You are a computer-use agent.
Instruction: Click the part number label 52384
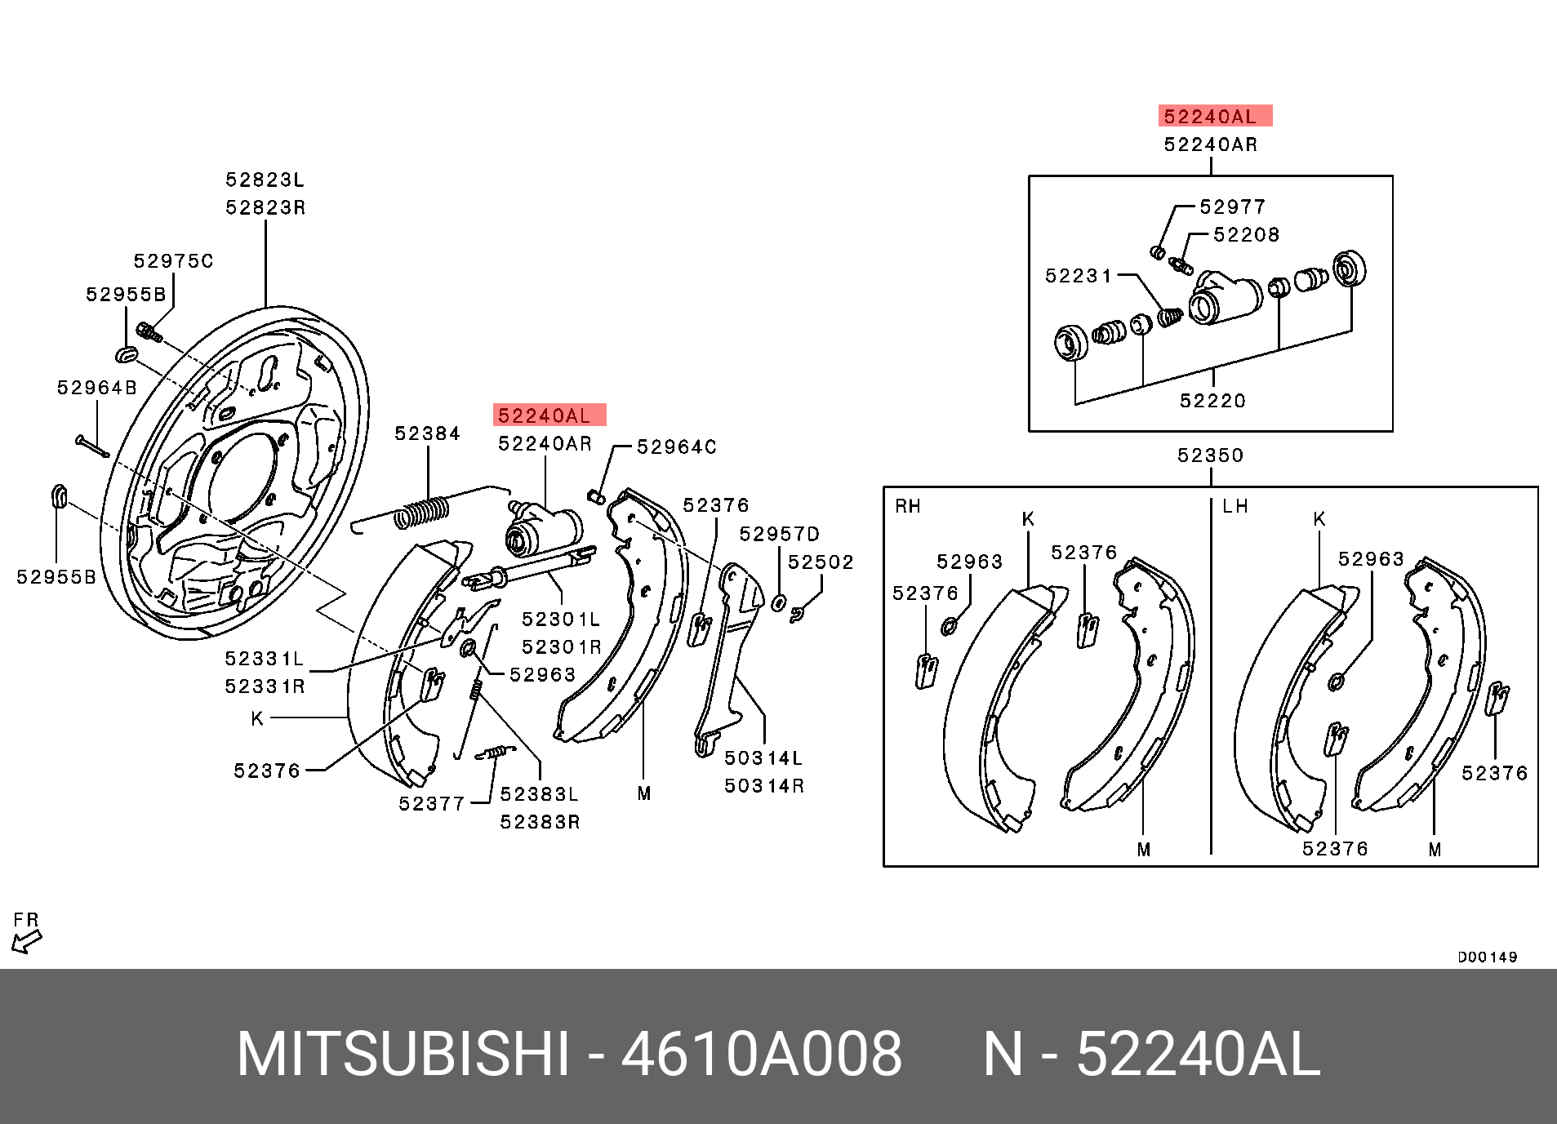point(427,433)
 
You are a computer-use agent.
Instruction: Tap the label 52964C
point(676,447)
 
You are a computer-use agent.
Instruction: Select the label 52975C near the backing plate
point(173,261)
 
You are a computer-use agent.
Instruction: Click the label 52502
point(821,562)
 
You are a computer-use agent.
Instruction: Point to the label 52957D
point(779,534)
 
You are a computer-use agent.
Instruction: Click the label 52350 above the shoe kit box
point(1210,455)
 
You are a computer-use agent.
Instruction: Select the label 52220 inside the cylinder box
point(1212,401)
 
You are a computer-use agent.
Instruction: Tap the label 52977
point(1232,207)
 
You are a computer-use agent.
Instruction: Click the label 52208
point(1246,235)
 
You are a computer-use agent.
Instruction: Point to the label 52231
point(1079,276)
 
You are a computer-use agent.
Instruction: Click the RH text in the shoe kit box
point(908,506)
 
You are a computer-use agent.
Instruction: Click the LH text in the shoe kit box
point(1235,506)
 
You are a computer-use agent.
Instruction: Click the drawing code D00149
point(1487,957)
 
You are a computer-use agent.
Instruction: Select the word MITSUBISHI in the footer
point(403,1055)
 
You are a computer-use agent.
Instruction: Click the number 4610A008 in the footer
point(761,1055)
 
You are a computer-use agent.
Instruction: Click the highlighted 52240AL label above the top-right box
point(1214,117)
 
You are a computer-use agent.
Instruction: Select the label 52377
point(431,804)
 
